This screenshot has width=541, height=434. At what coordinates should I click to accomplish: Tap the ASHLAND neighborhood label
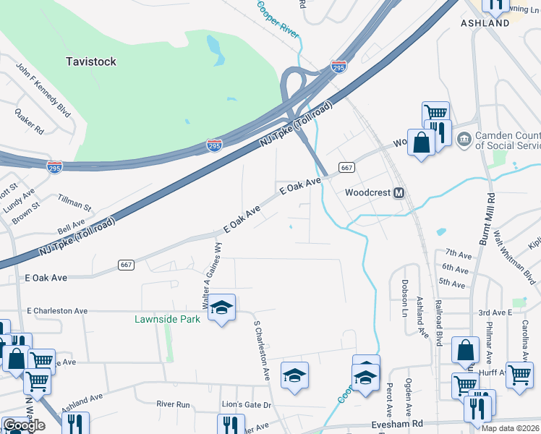pos(485,23)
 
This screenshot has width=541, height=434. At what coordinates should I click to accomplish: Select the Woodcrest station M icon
pos(398,193)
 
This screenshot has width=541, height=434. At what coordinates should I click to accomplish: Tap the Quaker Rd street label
pos(29,122)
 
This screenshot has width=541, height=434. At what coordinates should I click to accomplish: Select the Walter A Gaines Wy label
pos(212,276)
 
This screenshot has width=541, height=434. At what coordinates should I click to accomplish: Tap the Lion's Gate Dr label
pos(246,404)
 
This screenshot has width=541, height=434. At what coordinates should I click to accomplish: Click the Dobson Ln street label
pos(405,292)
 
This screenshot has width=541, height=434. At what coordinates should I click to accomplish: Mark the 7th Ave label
pos(458,252)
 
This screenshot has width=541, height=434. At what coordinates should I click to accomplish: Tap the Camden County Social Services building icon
pos(464,138)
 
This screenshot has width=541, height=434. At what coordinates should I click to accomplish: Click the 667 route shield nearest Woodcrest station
pos(346,167)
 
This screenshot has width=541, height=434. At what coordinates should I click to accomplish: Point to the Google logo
pos(24,425)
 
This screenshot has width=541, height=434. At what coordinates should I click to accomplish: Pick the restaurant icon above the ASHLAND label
pos(495,4)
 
